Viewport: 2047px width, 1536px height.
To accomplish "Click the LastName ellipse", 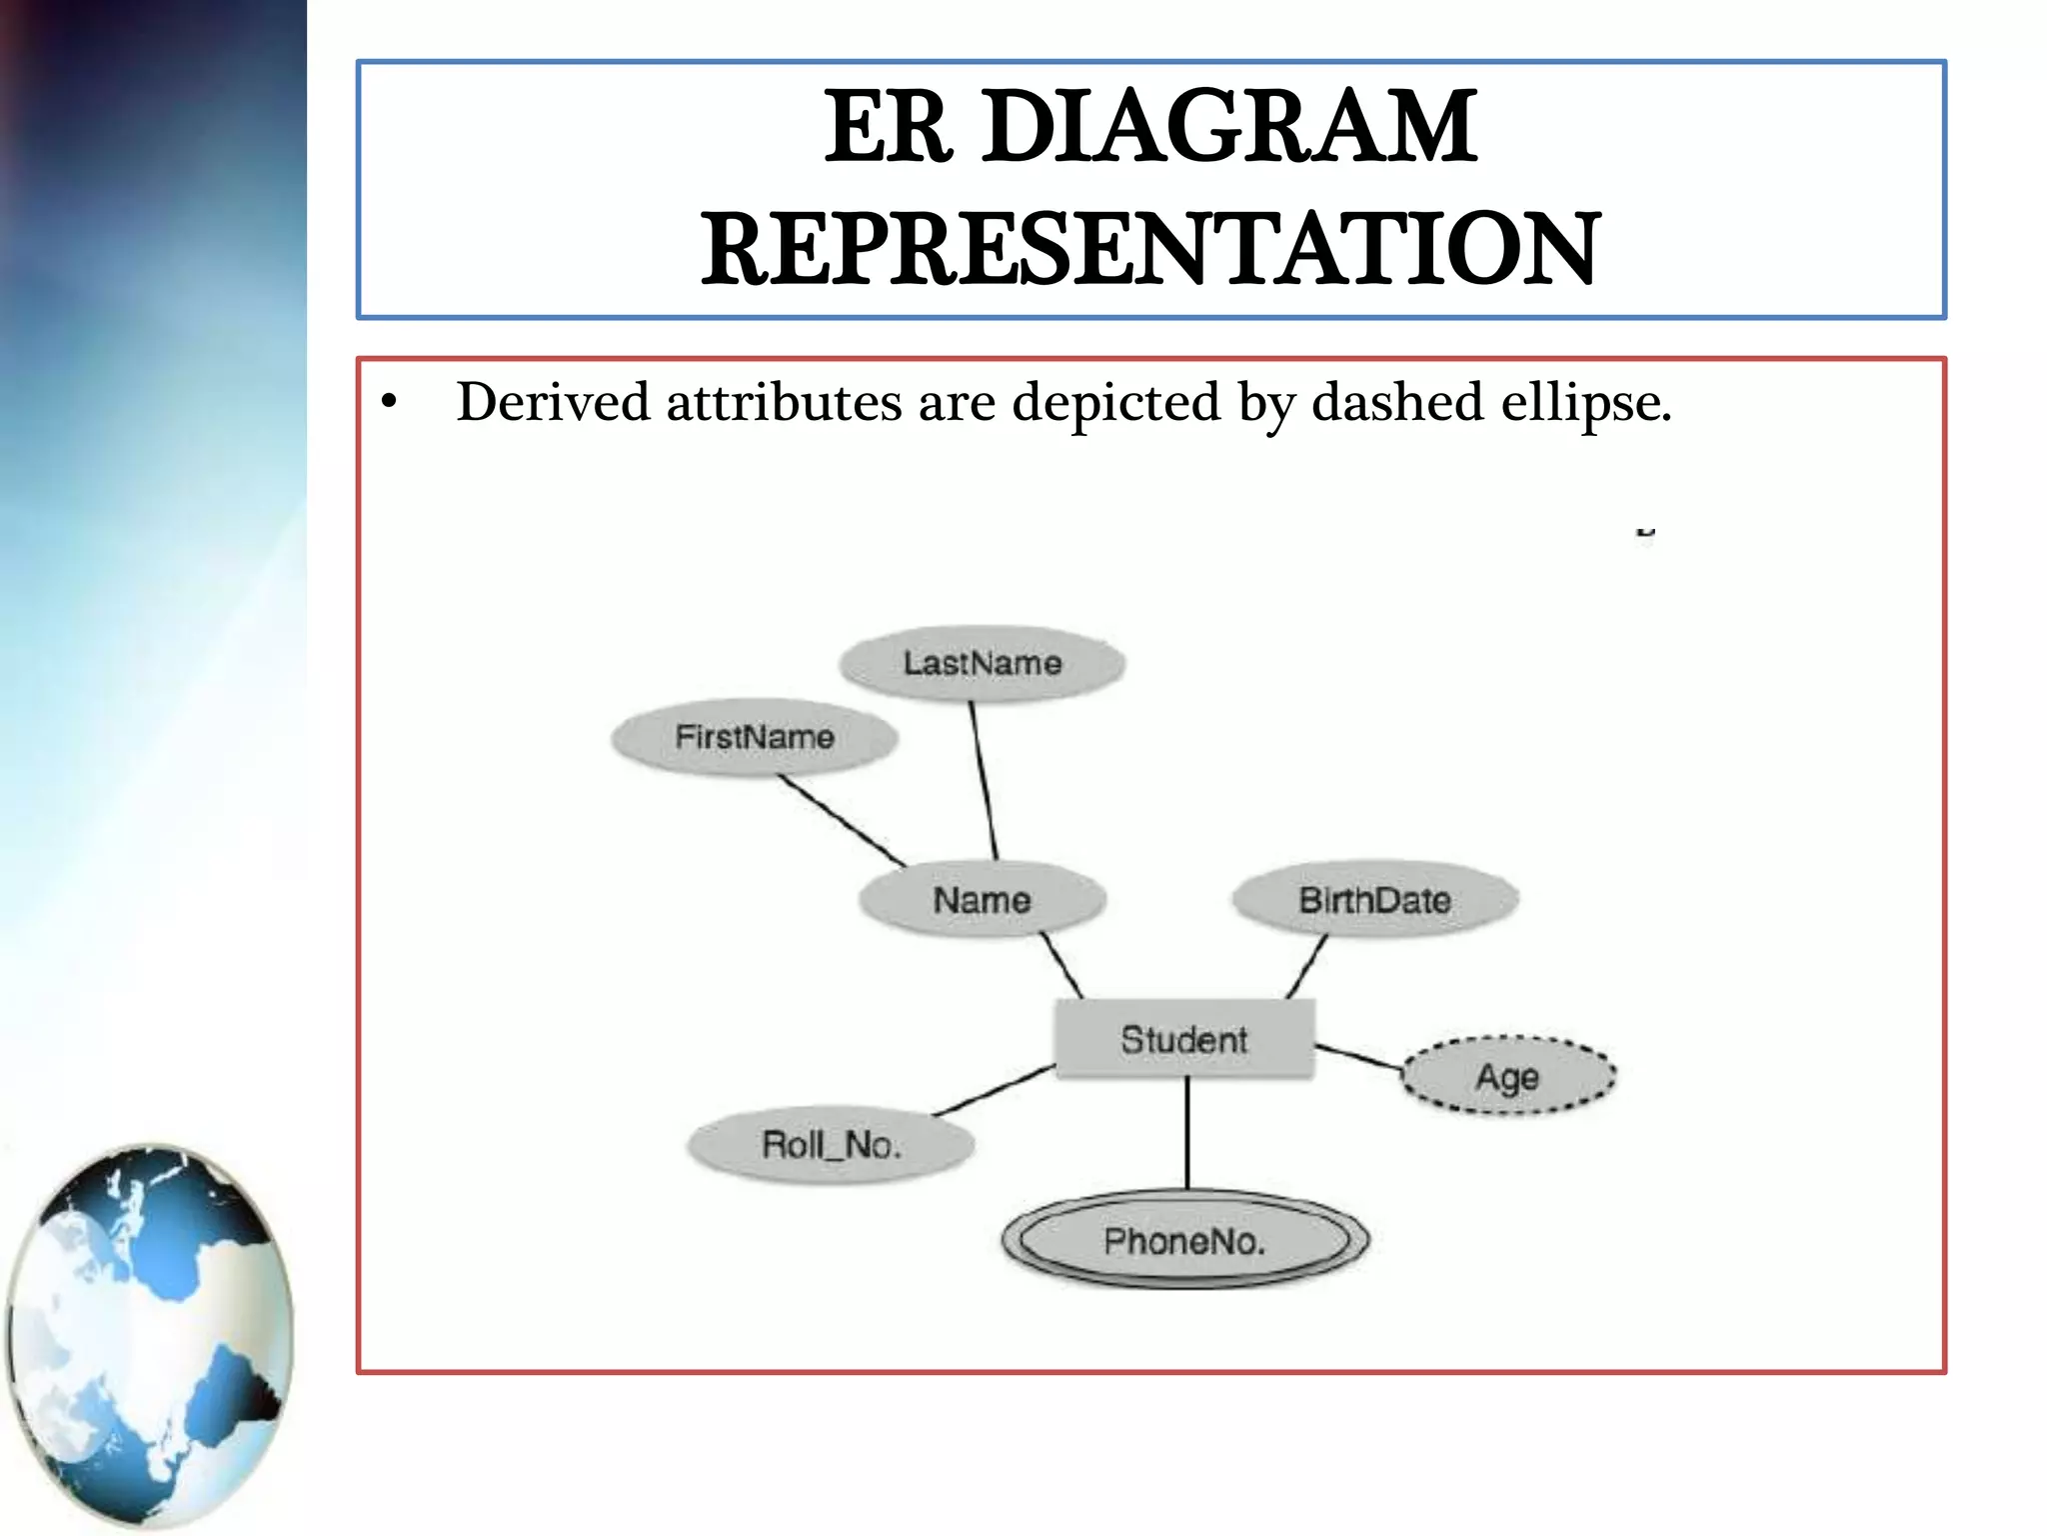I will coord(982,663).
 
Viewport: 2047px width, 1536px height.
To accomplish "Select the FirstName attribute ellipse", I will coord(754,737).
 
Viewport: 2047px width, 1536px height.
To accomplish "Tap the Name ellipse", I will coord(982,899).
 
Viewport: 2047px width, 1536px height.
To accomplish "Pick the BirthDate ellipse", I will coord(1374,899).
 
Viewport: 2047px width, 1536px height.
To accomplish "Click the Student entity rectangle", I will coord(1184,1039).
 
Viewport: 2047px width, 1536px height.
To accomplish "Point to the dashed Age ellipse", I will coord(1507,1076).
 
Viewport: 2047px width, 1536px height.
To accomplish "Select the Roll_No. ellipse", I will coord(831,1144).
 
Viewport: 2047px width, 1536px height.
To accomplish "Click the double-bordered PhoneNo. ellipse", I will coord(1184,1241).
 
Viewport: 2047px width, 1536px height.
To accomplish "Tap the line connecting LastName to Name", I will coord(984,780).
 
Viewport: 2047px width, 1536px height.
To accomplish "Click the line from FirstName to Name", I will coord(843,821).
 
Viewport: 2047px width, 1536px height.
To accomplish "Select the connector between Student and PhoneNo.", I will coord(1187,1133).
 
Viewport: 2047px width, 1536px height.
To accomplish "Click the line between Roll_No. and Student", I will coord(995,1091).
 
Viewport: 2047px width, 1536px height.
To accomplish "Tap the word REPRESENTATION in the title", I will coord(1150,249).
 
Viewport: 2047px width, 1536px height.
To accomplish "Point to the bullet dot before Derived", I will coord(389,403).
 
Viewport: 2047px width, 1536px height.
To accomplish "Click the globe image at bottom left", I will coord(150,1335).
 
